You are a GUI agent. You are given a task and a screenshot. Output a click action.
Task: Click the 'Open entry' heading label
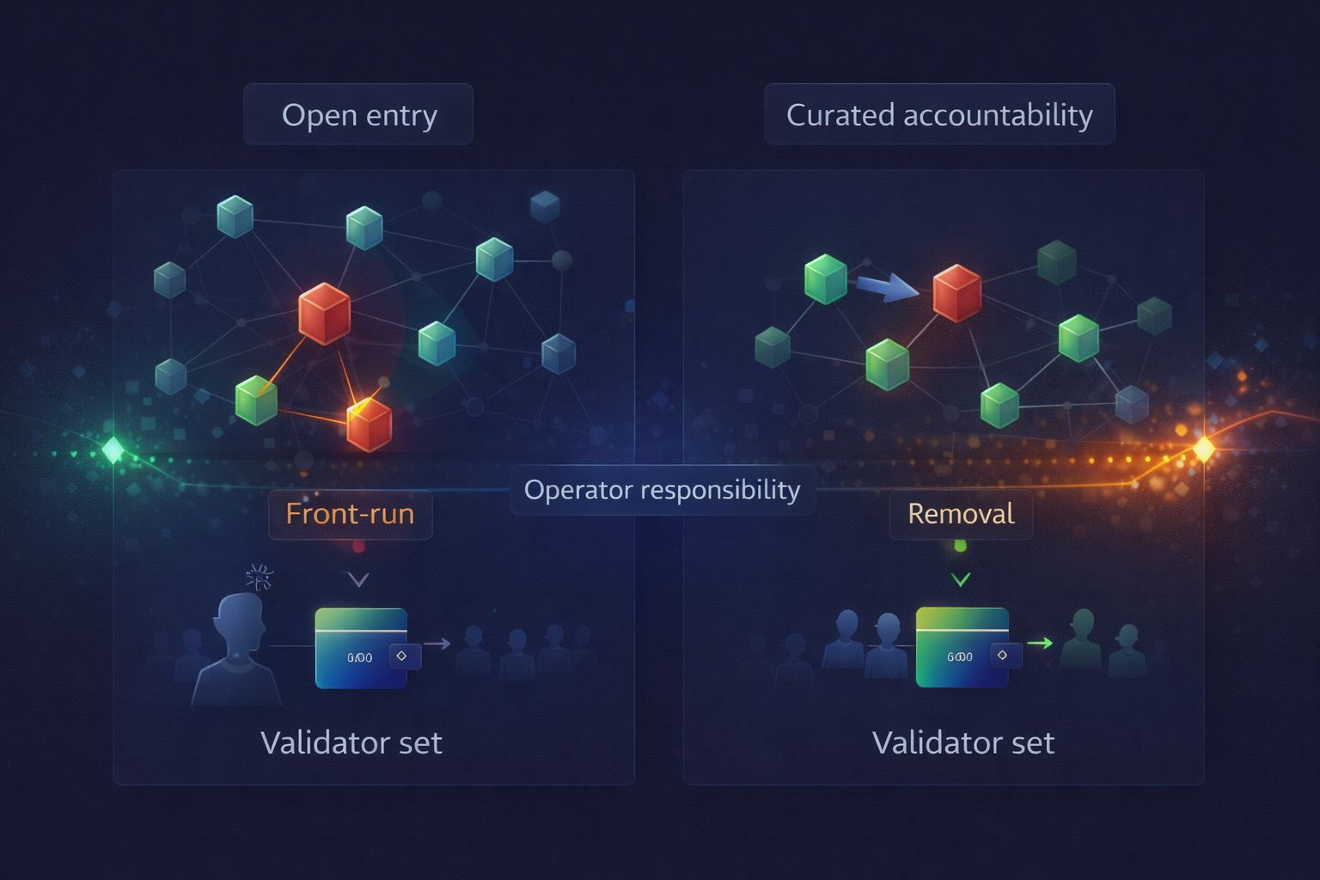tap(359, 114)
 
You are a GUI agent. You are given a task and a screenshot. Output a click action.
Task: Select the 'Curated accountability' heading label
tap(939, 114)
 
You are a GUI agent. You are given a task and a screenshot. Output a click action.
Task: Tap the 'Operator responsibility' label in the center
tap(662, 490)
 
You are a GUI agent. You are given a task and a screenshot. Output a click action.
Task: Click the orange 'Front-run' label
tap(350, 514)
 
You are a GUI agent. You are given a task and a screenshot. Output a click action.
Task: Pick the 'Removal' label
tap(961, 514)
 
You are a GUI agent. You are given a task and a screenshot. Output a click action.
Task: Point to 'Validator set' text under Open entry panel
tap(351, 742)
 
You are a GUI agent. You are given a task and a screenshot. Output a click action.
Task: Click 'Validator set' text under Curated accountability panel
tap(962, 742)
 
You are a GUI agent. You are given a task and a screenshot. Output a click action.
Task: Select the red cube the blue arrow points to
tap(957, 293)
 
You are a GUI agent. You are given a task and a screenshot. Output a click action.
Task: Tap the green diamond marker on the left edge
tap(113, 449)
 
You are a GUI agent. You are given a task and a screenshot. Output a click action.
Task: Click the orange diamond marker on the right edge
tap(1204, 449)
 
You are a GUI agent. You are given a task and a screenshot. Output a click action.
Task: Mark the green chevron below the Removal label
tap(961, 580)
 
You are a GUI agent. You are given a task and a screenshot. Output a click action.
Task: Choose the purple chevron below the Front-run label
tap(357, 580)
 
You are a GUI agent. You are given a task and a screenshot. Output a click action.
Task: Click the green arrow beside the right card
tap(1040, 643)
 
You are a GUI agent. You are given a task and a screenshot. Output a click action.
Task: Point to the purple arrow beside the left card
tap(437, 644)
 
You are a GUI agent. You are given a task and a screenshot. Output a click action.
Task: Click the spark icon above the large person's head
tap(259, 577)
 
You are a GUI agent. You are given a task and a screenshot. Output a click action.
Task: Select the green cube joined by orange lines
tap(256, 400)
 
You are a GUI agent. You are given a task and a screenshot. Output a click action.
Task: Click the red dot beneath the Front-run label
tap(358, 547)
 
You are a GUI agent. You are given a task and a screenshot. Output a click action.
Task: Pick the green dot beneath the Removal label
tap(961, 546)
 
